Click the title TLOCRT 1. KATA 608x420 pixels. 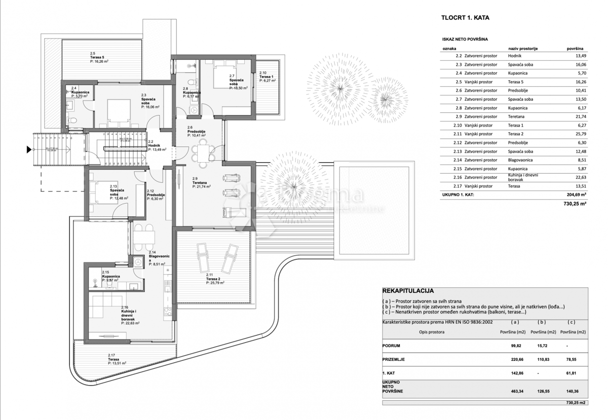[x=466, y=18]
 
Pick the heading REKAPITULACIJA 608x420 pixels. [x=408, y=291]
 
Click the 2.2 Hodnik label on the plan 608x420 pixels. [x=154, y=145]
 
